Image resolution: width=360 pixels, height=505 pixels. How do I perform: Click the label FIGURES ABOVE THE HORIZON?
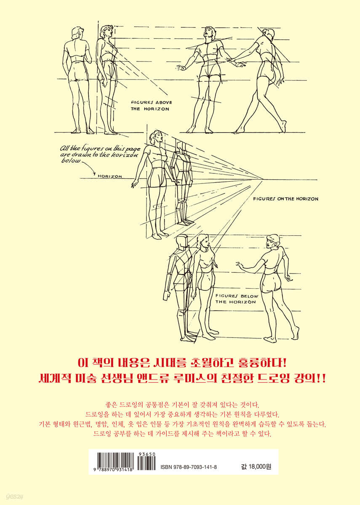(152, 106)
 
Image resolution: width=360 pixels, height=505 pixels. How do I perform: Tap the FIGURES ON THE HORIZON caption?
(285, 199)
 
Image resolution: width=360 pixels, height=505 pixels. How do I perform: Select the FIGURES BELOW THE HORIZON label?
(237, 299)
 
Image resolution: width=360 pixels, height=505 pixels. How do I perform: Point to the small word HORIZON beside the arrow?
(110, 176)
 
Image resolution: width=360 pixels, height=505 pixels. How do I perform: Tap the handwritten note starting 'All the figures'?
(100, 155)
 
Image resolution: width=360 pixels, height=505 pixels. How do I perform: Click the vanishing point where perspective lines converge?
(262, 180)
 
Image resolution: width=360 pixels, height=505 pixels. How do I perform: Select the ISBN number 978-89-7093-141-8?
(189, 467)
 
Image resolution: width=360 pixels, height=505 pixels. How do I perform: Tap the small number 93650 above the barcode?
(147, 455)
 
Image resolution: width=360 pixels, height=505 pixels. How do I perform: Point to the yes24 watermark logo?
(14, 497)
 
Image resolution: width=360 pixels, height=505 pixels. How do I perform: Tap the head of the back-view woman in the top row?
(77, 33)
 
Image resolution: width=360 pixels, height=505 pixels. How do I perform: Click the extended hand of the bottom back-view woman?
(240, 264)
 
